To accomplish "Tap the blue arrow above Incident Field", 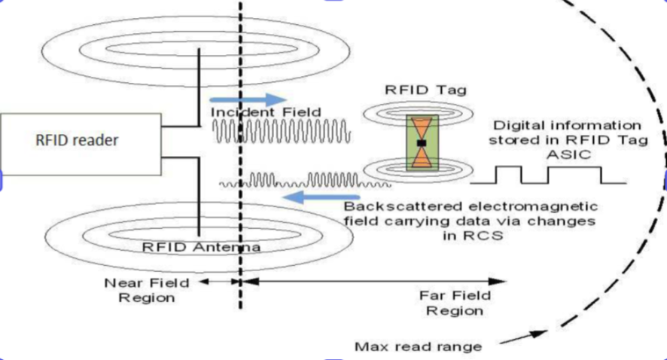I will point(248,99).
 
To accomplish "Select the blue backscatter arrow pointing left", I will point(311,198).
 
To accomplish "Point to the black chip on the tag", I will point(422,142).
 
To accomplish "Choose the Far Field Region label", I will point(455,304).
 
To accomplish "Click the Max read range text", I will point(418,347).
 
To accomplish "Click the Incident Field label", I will point(266,112).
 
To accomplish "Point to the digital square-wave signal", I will point(559,175).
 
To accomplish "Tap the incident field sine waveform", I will point(282,132).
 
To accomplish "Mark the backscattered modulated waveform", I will point(305,181).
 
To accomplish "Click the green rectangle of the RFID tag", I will point(422,142).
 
